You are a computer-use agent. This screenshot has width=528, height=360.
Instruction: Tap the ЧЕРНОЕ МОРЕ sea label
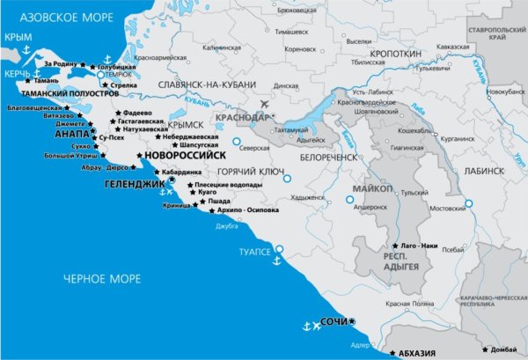102,279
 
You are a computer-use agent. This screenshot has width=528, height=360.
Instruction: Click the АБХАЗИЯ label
417,353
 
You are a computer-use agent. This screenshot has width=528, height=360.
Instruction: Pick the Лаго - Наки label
420,244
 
